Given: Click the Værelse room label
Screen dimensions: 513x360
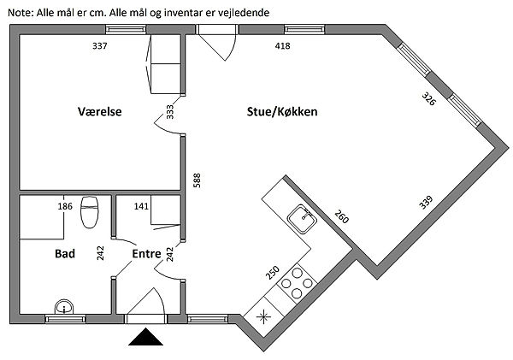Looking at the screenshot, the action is point(100,112).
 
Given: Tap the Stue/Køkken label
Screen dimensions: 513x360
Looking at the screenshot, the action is point(282,112).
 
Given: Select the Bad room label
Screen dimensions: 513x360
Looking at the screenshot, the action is point(65,254).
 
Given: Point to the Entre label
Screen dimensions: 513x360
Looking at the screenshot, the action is point(146,254).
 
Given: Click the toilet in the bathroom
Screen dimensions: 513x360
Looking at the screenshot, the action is point(90,212).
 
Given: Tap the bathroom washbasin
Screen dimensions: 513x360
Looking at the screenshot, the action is point(64,307).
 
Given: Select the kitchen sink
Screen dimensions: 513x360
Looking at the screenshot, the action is point(302,219).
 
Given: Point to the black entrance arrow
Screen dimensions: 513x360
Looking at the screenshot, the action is point(145,337).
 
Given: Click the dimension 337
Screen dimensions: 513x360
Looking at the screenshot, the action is point(100,46).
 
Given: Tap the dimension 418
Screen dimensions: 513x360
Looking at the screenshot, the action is point(283,46).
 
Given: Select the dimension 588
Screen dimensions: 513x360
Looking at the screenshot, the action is point(197,180).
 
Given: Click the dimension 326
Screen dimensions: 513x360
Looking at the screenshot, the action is point(428,99).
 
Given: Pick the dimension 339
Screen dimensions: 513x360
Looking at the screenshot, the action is point(426,203).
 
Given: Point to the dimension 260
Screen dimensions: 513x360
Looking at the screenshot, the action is point(341,216).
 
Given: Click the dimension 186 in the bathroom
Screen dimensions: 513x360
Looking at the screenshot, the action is point(65,207).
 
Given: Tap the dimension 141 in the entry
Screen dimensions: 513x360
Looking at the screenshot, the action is point(141,207).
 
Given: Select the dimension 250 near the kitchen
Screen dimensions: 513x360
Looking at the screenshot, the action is point(272,273).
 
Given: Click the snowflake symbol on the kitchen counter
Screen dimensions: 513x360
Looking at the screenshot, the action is point(263,316).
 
